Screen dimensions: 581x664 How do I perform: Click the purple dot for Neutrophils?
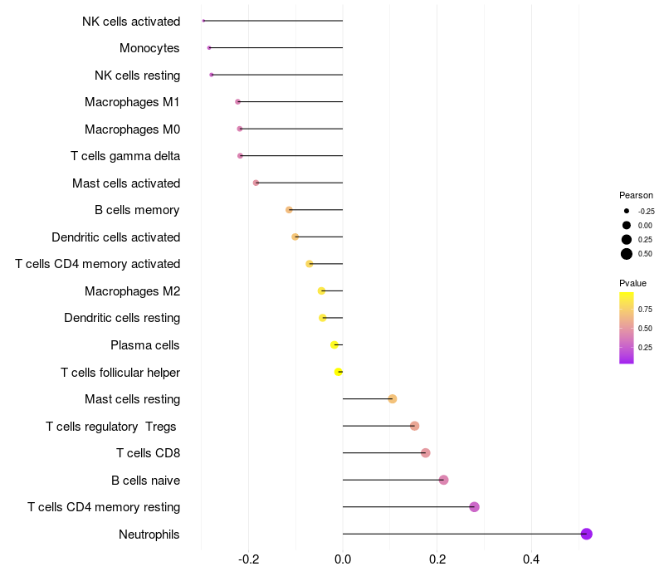586,534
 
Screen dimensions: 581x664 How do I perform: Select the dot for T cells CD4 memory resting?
474,507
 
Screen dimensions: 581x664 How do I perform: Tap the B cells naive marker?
443,480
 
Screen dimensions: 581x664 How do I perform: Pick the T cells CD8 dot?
425,453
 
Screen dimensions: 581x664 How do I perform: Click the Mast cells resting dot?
393,399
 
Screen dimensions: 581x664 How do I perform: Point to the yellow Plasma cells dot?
334,344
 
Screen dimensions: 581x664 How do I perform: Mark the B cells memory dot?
289,210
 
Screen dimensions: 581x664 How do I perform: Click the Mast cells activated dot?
256,183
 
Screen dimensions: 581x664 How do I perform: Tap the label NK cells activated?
131,21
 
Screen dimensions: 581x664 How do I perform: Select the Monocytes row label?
149,48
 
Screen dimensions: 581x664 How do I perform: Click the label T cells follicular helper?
120,372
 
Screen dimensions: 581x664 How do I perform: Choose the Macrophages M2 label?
132,290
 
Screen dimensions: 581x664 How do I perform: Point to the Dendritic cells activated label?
115,237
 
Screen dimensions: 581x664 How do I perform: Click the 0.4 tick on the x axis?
531,559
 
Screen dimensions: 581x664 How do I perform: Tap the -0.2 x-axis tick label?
248,559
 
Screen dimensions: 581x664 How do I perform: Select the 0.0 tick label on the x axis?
343,559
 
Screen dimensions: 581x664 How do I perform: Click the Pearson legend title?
636,195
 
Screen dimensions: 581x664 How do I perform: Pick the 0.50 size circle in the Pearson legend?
627,254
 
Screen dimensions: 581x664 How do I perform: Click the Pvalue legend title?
632,283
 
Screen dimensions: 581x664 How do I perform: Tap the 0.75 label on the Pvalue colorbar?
645,309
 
